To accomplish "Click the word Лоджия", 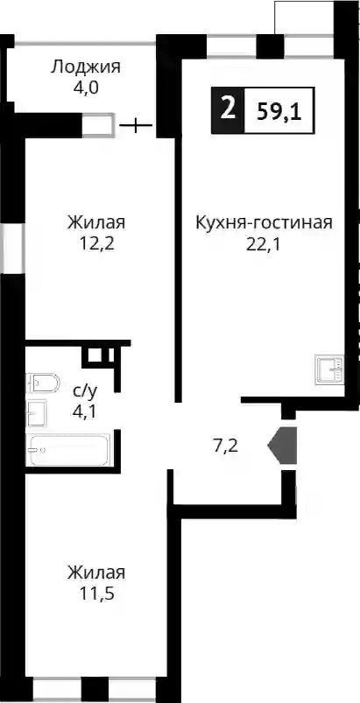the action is point(85,67).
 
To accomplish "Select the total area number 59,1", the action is point(279,110).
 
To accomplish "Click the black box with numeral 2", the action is point(229,110).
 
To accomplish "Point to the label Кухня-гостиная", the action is point(264,222).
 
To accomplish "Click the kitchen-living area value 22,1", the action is point(264,245).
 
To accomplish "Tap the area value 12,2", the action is point(96,244).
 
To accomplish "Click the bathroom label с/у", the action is point(85,392).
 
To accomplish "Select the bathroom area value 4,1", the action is point(85,411).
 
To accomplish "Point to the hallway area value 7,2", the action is point(224,447).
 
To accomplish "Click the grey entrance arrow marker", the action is point(282,446).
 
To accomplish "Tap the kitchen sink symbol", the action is point(329,369).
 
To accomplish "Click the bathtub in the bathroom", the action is point(68,450).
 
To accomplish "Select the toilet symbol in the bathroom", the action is point(43,383).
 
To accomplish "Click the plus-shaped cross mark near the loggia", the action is point(136,125).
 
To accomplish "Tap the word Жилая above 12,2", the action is point(96,222).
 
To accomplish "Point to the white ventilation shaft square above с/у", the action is point(95,355).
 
